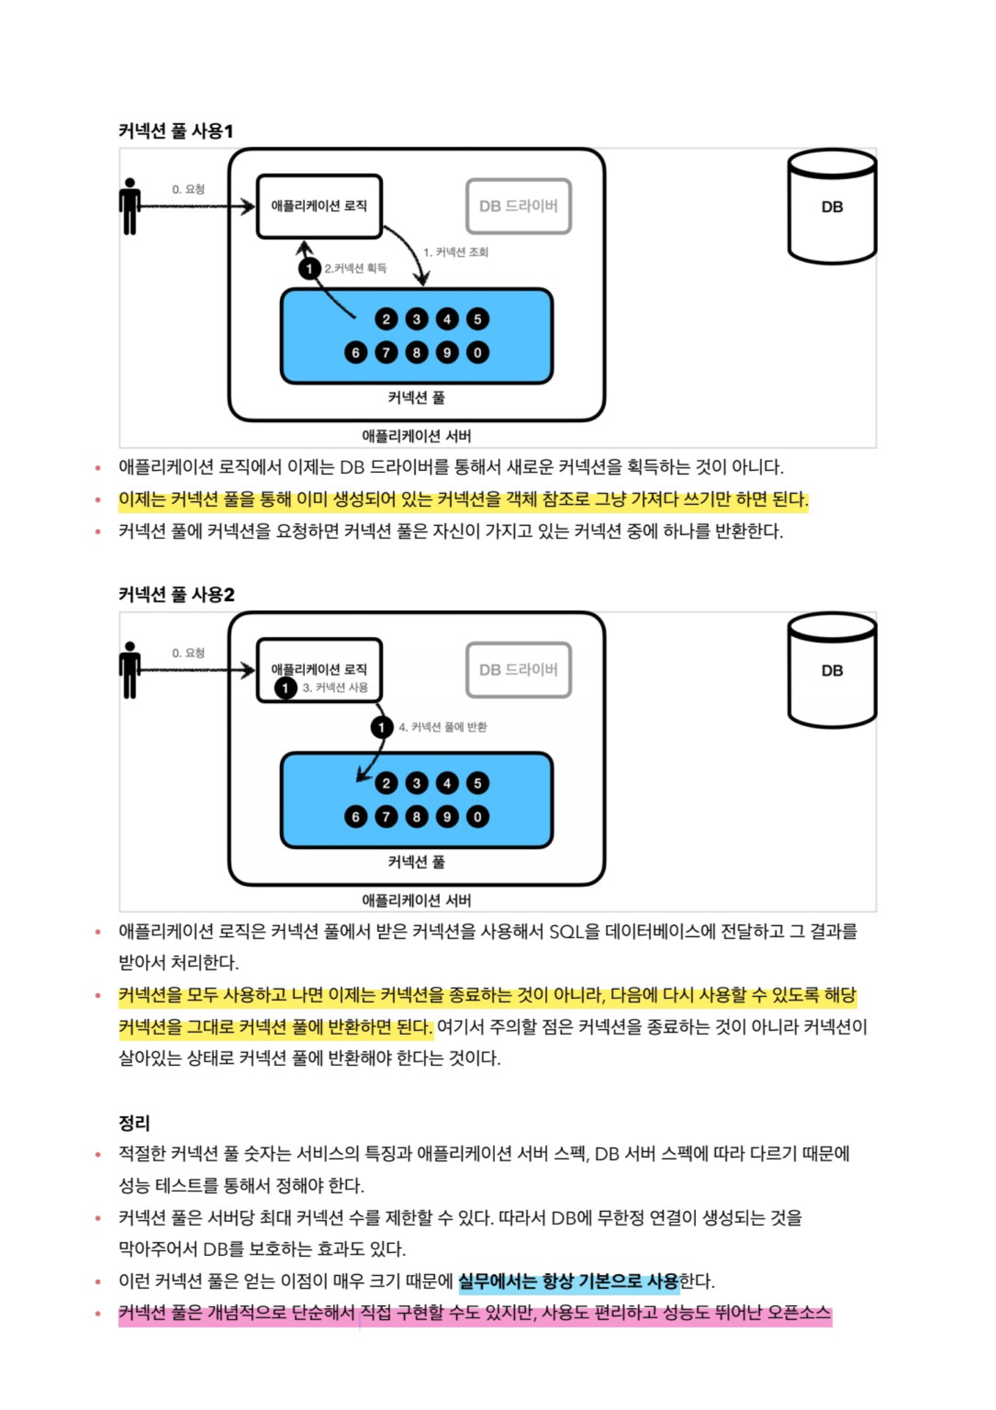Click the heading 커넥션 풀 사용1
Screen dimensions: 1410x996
[176, 131]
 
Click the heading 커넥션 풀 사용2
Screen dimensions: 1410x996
[176, 594]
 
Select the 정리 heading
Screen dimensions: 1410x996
[134, 1123]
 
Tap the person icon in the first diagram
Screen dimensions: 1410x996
[129, 207]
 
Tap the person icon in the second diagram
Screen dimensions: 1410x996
[129, 670]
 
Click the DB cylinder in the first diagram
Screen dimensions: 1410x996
[831, 207]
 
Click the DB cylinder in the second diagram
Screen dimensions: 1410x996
[831, 671]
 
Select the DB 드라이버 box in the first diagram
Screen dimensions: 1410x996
[518, 206]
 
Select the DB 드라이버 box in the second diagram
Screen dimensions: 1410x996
[518, 669]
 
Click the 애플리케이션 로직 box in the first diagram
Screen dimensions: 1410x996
[319, 206]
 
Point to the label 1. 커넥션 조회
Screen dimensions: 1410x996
[456, 252]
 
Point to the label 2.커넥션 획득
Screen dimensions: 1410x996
[355, 268]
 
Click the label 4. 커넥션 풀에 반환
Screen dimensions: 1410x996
[443, 727]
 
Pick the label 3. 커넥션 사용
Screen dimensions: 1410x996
[335, 687]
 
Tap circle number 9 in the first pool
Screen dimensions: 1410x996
[447, 352]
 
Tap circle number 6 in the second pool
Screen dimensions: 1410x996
[356, 817]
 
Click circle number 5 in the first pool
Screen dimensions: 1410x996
[478, 319]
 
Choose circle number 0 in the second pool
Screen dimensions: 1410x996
[478, 817]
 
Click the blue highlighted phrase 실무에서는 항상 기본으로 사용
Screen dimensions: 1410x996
[569, 1281]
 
